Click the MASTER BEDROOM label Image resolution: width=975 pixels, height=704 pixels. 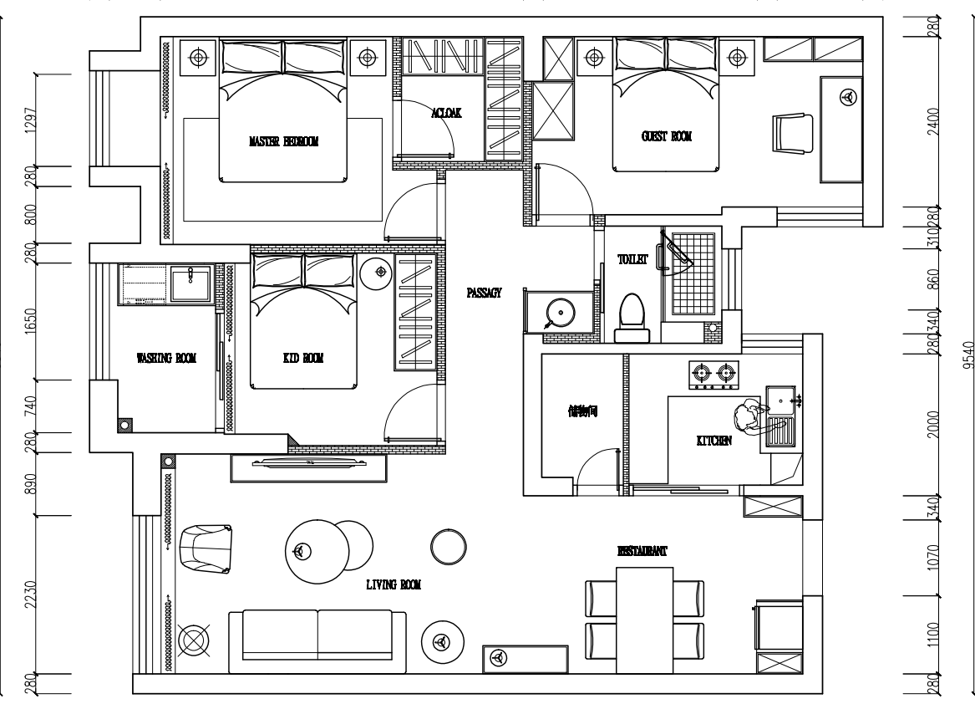(x=283, y=142)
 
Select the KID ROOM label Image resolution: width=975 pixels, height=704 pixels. (x=302, y=359)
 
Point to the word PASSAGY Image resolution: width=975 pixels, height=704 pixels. (x=483, y=293)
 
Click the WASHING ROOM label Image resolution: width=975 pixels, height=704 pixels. (x=166, y=359)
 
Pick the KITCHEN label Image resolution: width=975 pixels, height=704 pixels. (x=714, y=441)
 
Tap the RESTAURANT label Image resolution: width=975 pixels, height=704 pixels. (x=642, y=552)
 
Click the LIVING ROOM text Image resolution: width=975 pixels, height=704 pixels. (x=393, y=586)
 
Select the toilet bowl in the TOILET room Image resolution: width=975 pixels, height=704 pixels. (x=632, y=319)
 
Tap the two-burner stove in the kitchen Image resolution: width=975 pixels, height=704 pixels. (x=714, y=375)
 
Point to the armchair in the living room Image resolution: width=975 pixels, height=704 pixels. (x=206, y=548)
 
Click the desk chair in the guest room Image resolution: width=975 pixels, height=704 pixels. (x=793, y=134)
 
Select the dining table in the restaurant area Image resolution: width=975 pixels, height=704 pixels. (x=644, y=619)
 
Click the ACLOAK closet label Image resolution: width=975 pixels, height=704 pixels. (x=446, y=113)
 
